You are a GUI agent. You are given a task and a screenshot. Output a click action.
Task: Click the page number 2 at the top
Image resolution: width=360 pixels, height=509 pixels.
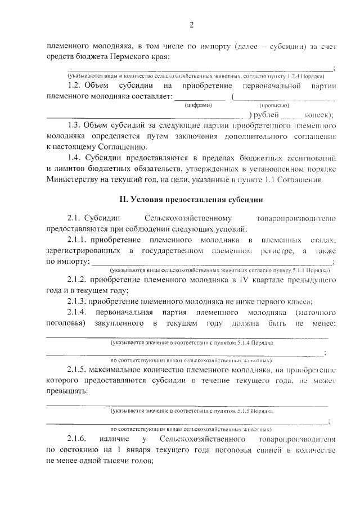[191, 24]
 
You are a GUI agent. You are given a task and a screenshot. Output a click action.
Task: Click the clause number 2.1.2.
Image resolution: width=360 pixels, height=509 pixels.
[77, 280]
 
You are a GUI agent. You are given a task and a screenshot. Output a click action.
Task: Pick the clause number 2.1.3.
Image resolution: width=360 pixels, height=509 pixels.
[77, 301]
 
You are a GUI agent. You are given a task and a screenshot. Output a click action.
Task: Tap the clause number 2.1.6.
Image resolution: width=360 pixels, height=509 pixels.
[75, 438]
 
